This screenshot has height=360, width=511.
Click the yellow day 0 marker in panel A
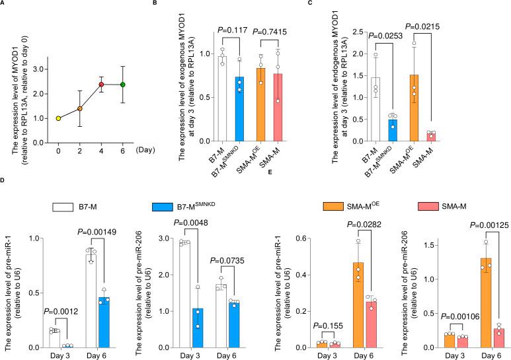tap(58, 118)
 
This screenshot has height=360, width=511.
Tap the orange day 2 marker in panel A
tap(80, 108)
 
